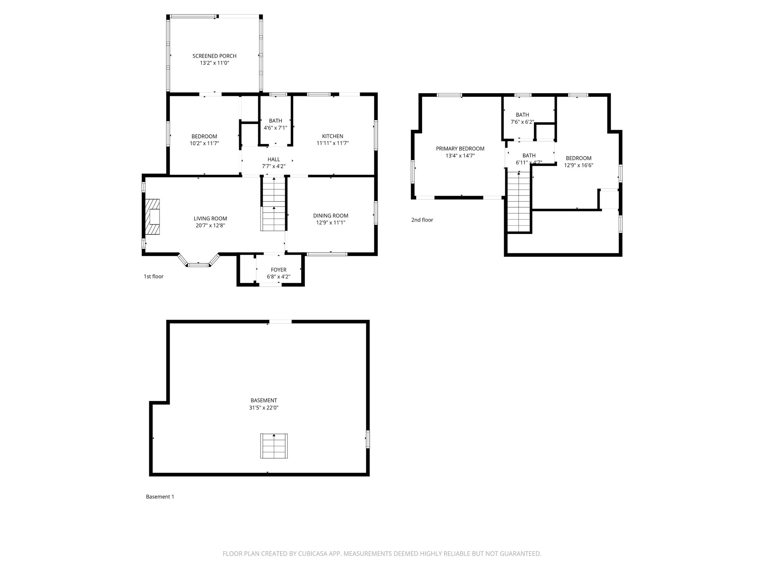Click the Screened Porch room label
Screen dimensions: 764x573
coord(214,56)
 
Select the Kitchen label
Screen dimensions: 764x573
coord(333,136)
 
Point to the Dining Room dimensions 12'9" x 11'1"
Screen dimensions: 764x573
coord(331,223)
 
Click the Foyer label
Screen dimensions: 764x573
coord(279,270)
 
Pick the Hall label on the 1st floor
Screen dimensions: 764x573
coord(274,160)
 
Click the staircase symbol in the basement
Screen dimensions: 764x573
coord(274,446)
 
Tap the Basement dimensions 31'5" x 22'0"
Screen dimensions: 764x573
coord(264,408)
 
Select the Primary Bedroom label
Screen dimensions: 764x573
coord(460,149)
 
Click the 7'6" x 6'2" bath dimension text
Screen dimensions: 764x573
coord(522,122)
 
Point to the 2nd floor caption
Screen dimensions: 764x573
coord(422,220)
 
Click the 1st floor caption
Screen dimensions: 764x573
coord(154,277)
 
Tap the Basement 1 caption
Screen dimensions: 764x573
coord(160,497)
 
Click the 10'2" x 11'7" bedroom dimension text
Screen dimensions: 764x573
coord(205,143)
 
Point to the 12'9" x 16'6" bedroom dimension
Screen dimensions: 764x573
coord(579,165)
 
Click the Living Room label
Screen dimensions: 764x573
coord(210,218)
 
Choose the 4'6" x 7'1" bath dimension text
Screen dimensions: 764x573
coord(275,128)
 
